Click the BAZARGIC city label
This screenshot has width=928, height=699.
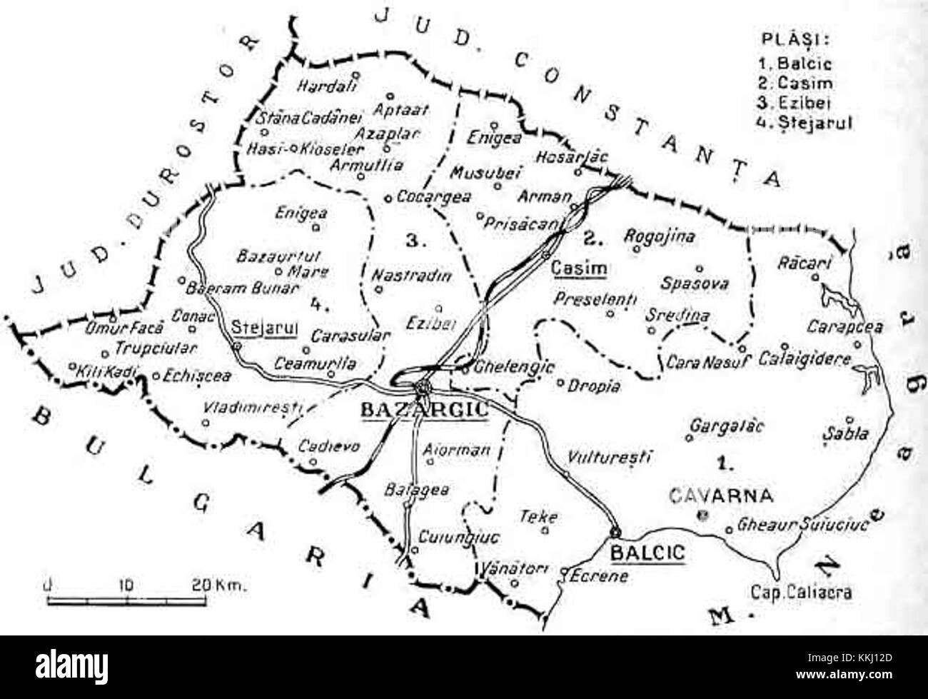click(x=424, y=410)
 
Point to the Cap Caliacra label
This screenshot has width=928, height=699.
click(x=801, y=592)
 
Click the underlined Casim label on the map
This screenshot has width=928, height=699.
click(x=579, y=269)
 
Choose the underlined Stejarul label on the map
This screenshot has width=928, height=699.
click(x=265, y=328)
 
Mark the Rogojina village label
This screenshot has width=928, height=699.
click(x=659, y=236)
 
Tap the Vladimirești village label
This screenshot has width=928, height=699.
click(x=253, y=409)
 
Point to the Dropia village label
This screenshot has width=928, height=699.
click(x=594, y=386)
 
